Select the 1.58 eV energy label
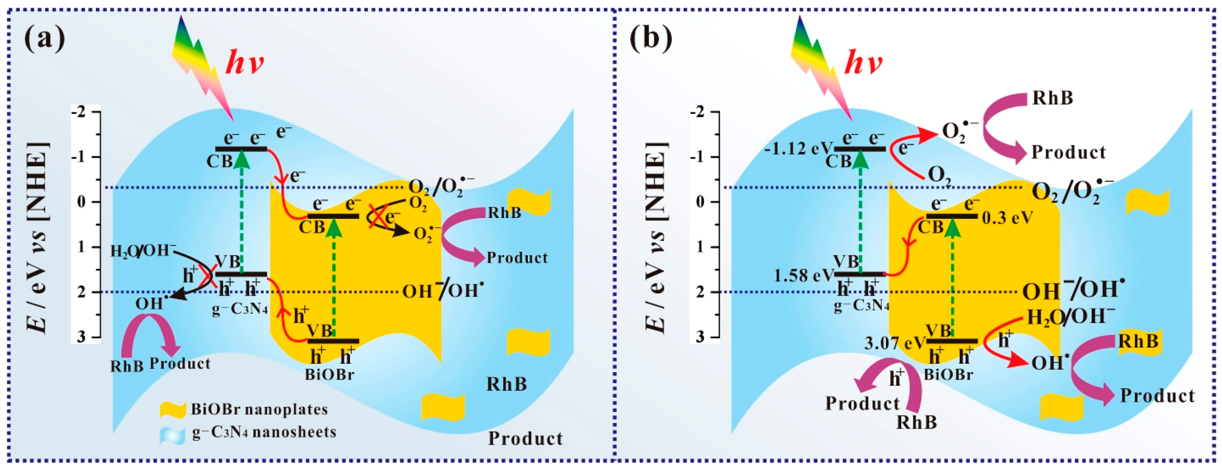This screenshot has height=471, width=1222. (x=804, y=275)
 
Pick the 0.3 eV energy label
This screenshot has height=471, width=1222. (x=1006, y=218)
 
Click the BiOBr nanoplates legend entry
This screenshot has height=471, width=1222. (x=259, y=409)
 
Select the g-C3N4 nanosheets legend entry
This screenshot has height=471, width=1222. (x=263, y=432)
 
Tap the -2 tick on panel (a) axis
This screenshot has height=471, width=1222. (x=79, y=113)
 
